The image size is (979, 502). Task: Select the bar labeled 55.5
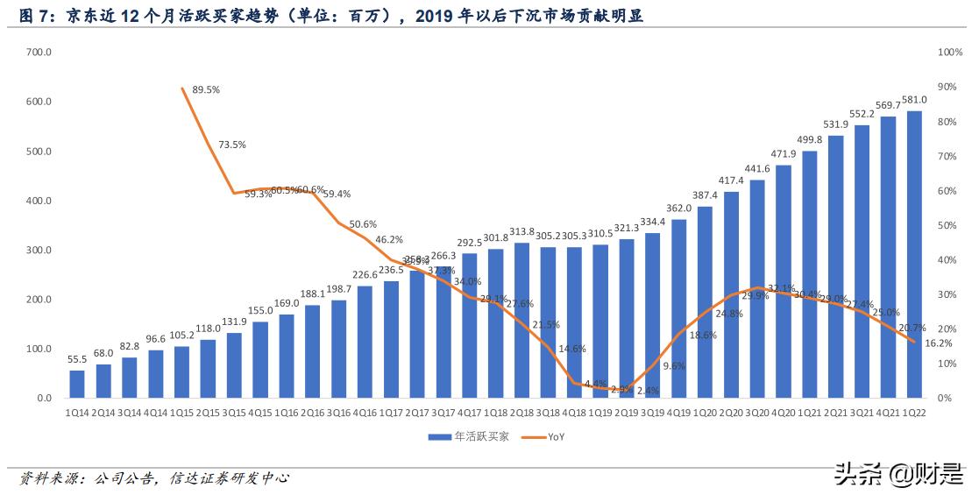(x=77, y=384)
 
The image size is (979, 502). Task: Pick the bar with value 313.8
(x=521, y=320)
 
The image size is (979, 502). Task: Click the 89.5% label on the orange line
(x=205, y=89)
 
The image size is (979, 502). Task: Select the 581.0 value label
(x=914, y=101)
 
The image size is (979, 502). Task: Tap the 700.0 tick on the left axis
(x=39, y=53)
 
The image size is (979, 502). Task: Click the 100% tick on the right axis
(x=950, y=53)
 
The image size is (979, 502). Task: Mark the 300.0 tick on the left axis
(x=39, y=251)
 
